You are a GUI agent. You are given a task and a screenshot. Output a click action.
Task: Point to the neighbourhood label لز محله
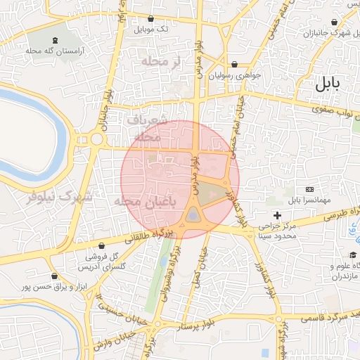(161, 63)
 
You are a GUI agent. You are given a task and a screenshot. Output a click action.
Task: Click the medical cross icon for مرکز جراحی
(278, 214)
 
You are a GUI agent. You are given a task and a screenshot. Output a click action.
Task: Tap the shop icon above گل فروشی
(106, 245)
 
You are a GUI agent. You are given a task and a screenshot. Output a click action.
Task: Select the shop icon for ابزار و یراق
(53, 276)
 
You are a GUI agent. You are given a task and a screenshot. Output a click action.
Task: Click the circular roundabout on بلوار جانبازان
(96, 139)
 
